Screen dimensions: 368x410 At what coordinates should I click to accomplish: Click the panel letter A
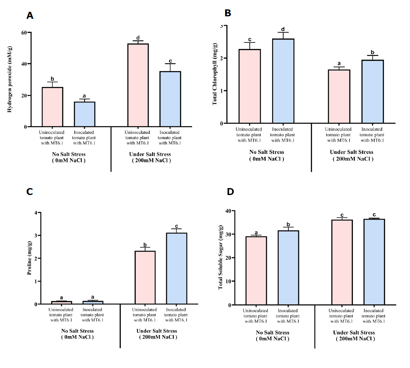click(30, 16)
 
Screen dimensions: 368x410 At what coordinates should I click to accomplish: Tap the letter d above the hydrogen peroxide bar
click(138, 38)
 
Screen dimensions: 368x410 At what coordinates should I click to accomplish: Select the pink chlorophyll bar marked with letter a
click(339, 96)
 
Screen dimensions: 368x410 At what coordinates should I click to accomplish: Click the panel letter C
click(29, 192)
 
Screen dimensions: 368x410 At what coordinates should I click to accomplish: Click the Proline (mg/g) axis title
click(29, 259)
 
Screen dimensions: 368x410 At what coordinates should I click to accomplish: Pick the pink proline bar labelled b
click(145, 277)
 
